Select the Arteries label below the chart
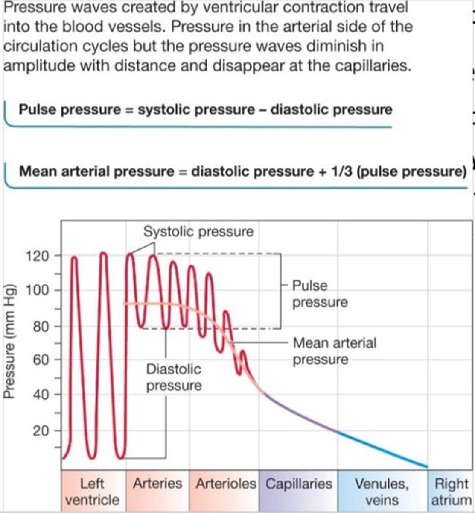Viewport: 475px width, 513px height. [x=157, y=484]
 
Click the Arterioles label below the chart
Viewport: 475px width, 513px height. [x=226, y=484]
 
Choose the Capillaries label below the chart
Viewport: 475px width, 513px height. [x=298, y=484]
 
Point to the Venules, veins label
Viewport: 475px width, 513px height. [x=382, y=492]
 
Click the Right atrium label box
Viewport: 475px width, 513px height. [x=451, y=492]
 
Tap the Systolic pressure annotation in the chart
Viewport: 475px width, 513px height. [x=198, y=232]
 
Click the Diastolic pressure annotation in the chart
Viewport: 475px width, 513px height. [x=174, y=377]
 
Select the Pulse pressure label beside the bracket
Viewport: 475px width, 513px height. [x=320, y=294]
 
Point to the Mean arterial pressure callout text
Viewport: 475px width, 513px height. [x=335, y=351]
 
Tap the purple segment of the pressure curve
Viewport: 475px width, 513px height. [x=299, y=413]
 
